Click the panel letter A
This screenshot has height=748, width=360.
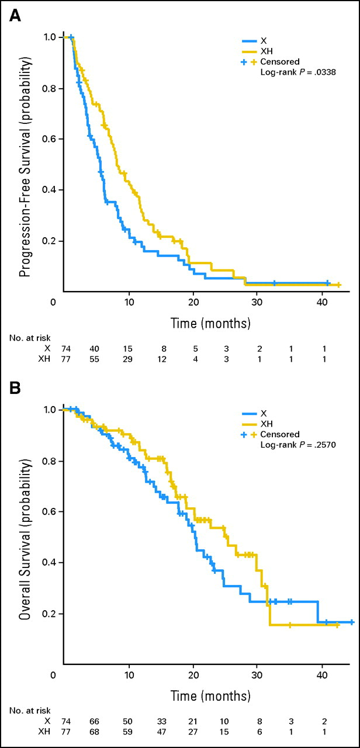16,16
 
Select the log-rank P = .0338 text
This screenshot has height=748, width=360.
293,72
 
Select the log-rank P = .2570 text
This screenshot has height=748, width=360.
293,444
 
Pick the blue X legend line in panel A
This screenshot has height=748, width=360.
251,41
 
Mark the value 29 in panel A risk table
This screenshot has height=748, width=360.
129,360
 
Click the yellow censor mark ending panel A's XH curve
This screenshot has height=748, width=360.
338,285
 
